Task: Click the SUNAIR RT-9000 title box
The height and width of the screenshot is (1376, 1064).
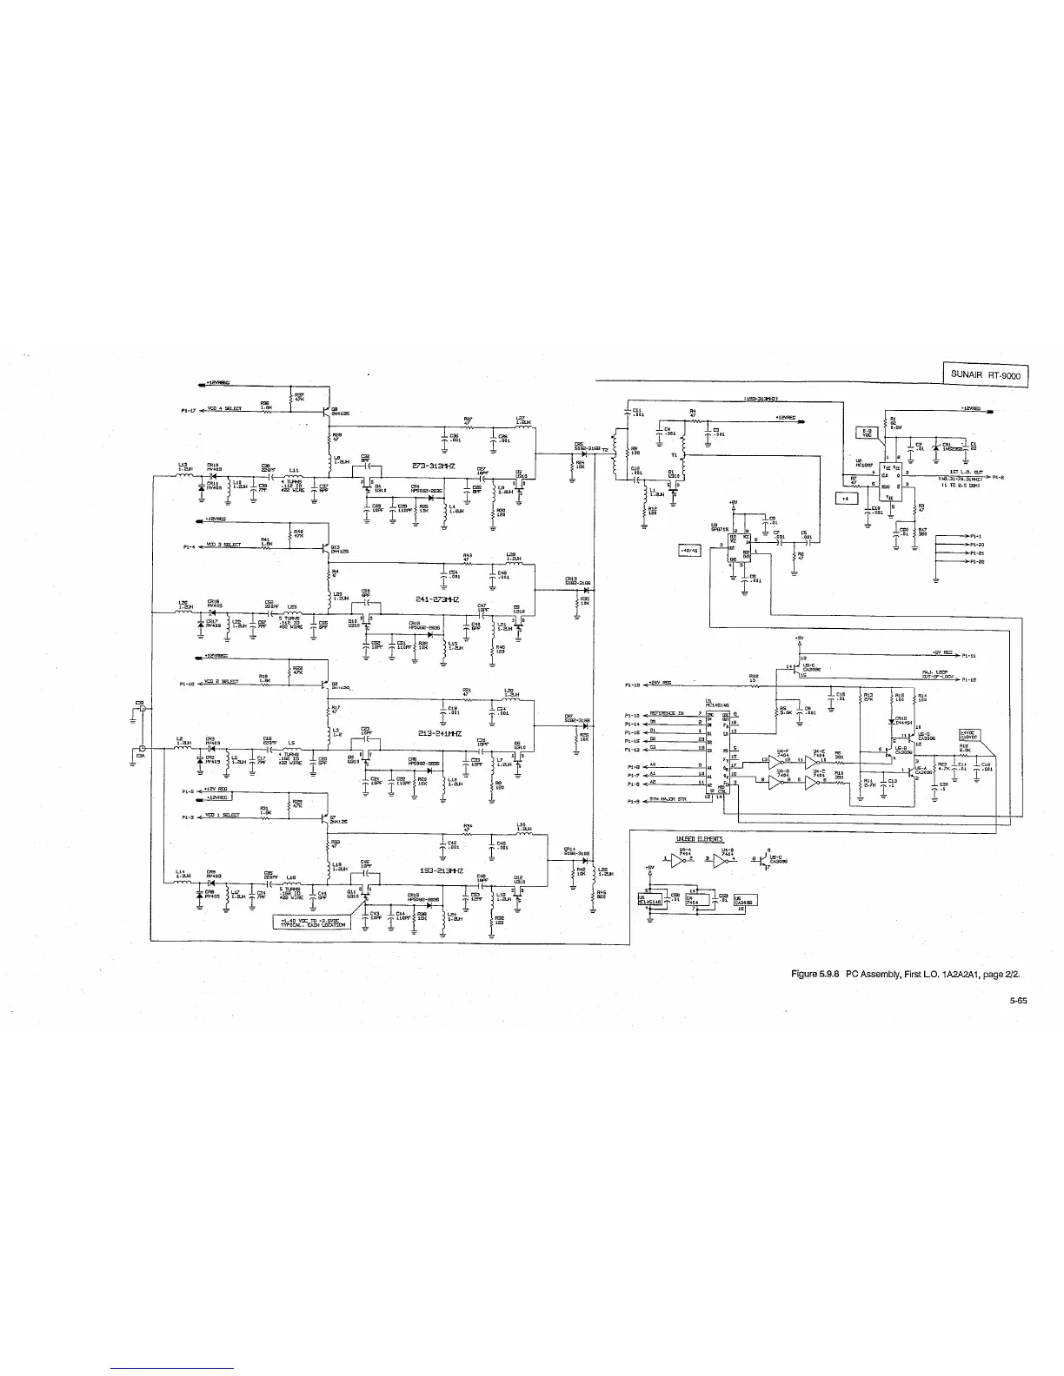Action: (985, 375)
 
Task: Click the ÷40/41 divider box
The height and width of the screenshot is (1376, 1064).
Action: (688, 549)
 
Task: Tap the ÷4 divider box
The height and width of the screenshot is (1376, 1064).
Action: (846, 498)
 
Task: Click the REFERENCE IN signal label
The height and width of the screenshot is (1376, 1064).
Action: (668, 714)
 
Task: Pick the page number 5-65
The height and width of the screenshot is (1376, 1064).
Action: (1019, 1001)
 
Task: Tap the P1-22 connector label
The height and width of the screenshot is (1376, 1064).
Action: (975, 562)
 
